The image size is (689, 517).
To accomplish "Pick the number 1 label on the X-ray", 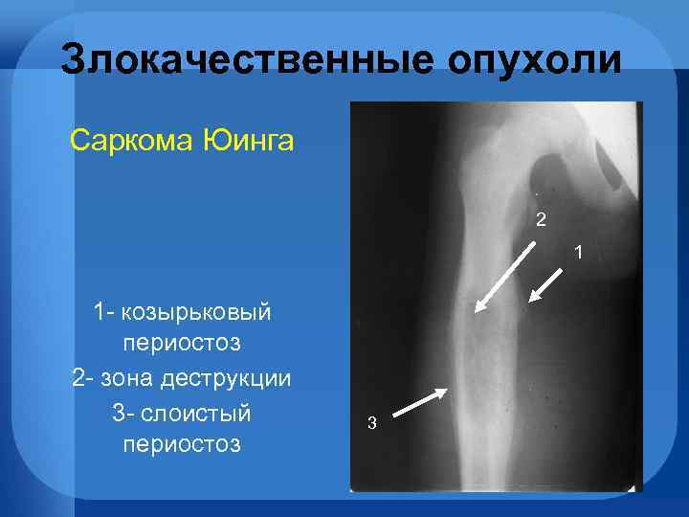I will pos(577,252).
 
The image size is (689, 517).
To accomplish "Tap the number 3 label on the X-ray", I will pos(372,422).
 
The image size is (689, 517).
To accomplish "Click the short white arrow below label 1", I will pos(548,284).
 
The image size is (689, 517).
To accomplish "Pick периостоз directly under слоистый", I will pos(182,445).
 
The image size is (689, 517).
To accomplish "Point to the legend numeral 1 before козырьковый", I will pos(100,313).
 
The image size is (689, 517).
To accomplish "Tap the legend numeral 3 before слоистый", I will pos(118,413).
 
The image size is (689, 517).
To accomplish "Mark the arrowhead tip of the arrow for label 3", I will pos(446,390).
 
